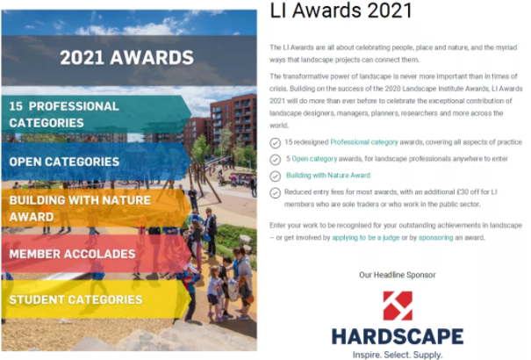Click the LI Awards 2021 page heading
tap(341, 11)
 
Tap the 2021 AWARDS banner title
tap(126, 57)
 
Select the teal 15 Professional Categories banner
tap(97, 114)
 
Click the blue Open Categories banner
tap(97, 162)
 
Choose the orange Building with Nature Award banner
tap(97, 208)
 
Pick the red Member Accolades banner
tap(97, 254)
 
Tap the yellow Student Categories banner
tap(97, 299)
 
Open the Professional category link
tap(364, 142)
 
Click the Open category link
tap(314, 159)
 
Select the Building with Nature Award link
tap(327, 176)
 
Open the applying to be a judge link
tap(366, 238)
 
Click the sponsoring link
tap(436, 238)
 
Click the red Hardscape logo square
tap(398, 306)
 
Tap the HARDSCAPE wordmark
tap(398, 336)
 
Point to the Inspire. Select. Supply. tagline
tap(398, 355)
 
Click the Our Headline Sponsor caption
tap(398, 275)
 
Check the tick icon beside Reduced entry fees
tap(275, 193)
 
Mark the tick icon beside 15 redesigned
tap(275, 143)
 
